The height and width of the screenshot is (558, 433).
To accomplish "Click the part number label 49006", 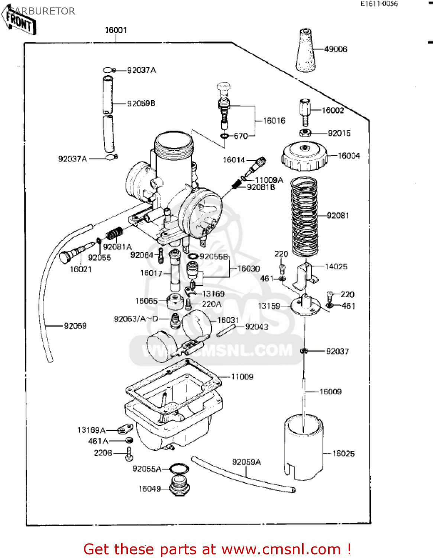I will point(335,49).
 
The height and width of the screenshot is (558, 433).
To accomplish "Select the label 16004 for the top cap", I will point(349,155).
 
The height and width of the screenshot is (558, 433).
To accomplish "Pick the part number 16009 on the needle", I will point(330,391).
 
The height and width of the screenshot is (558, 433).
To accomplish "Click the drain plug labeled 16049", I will point(180,486).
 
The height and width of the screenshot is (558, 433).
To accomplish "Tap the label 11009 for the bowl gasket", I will point(242,377).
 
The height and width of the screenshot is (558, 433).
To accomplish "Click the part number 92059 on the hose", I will point(75,326).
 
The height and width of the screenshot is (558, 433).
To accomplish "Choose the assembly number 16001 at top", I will point(116,30).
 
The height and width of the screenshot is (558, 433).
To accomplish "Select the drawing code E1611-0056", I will point(379,4).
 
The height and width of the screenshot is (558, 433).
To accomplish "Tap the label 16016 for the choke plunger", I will point(274,121).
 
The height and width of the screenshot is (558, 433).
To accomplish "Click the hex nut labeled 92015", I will point(305,133).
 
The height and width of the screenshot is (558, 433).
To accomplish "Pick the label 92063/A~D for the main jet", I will point(136,319).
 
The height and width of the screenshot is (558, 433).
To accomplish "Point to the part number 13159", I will point(269,306).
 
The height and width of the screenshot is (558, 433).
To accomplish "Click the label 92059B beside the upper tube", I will point(141,103).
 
